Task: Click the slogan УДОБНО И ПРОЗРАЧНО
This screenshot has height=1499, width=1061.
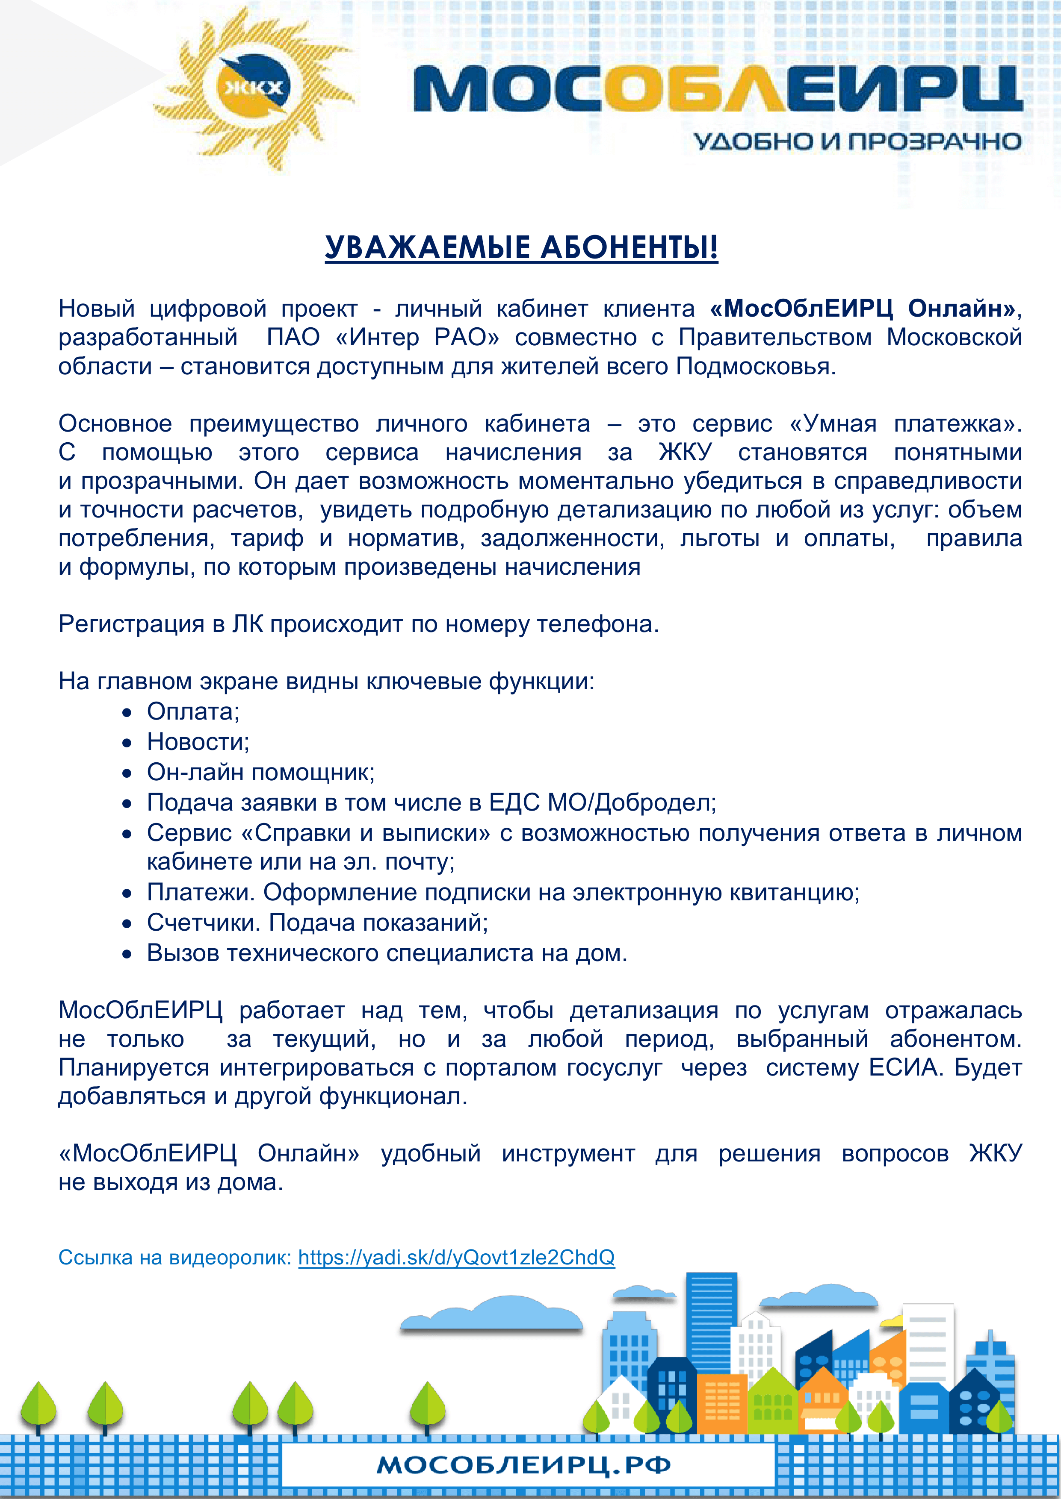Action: point(857,141)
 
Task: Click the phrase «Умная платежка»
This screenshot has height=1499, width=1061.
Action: point(905,424)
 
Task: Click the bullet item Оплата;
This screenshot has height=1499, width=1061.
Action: point(193,711)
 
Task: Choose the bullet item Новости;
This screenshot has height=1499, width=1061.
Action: point(198,742)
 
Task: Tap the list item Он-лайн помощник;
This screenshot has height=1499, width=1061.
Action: point(261,772)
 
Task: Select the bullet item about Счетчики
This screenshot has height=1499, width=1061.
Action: point(317,923)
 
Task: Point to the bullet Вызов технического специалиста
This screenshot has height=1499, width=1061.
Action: point(387,953)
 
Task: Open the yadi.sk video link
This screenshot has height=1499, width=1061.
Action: point(456,1258)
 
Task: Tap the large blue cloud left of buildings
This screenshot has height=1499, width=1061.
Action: point(491,1314)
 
